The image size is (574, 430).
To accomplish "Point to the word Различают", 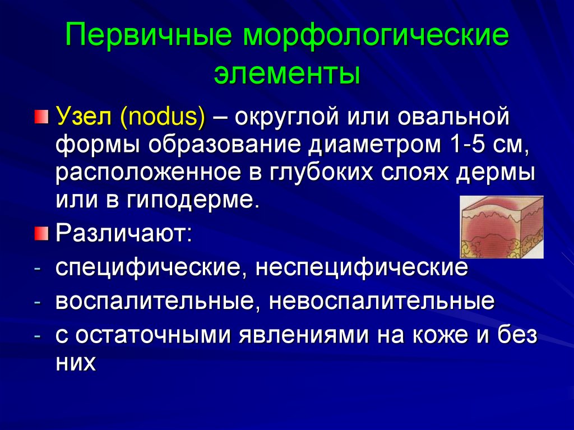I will coord(123,232).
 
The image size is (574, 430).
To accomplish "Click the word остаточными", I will coord(155,336).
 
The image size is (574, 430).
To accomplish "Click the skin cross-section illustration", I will coord(502,227).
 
